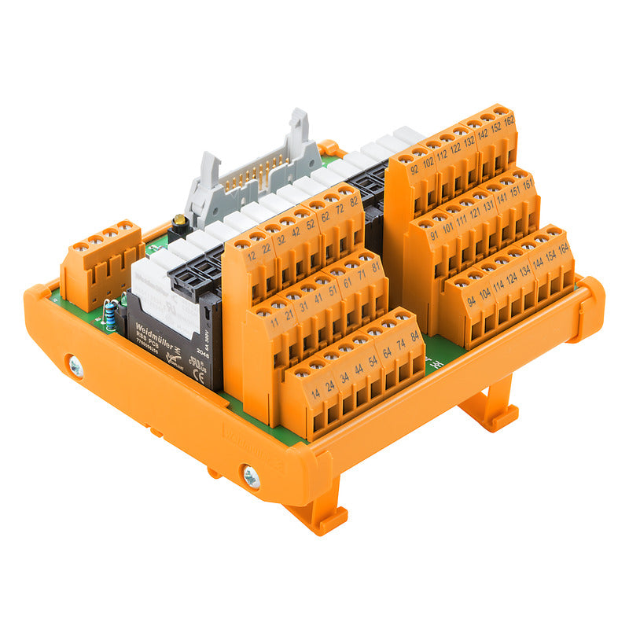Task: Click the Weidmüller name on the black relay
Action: tap(155, 329)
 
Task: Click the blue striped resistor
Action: tap(111, 318)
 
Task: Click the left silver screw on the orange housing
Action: tap(75, 366)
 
